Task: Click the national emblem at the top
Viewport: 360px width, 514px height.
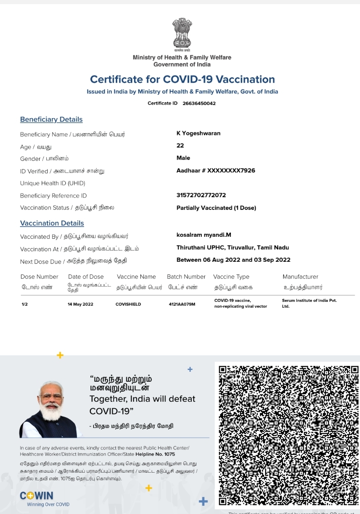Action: click(182, 34)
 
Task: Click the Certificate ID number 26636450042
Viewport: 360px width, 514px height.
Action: click(199, 103)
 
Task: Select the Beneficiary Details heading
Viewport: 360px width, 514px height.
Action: click(51, 120)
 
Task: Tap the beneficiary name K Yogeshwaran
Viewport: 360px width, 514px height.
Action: click(198, 133)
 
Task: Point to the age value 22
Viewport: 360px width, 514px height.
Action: click(180, 145)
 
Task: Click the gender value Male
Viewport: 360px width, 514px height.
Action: click(183, 158)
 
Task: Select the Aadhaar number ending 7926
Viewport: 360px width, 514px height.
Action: click(215, 170)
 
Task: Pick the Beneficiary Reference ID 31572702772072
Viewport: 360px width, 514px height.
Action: click(201, 195)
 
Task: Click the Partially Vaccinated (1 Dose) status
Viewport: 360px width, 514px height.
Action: click(216, 208)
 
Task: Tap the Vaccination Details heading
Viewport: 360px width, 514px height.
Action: click(52, 223)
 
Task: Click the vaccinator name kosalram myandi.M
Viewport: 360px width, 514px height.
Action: click(204, 235)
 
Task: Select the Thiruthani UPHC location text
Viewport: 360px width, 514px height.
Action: click(232, 248)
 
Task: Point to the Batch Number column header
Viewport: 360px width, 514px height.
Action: click(186, 277)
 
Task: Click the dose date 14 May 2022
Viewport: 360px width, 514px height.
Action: click(80, 304)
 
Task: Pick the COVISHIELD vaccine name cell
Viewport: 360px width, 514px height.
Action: click(128, 304)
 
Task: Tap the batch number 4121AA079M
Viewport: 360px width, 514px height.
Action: click(182, 304)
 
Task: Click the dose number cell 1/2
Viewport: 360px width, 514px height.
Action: click(25, 304)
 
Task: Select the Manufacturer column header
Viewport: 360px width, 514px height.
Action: click(300, 277)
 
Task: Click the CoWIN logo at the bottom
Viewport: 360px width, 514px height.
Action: click(37, 495)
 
